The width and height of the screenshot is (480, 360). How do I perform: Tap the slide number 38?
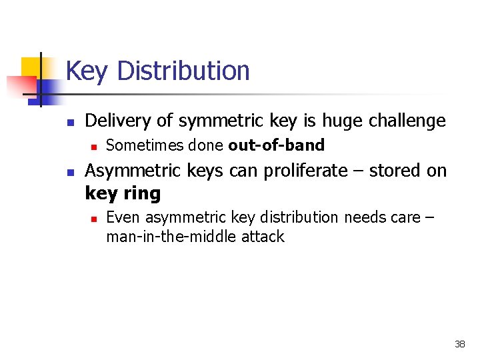coord(459,344)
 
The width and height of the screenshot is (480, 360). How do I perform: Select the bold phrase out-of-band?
coord(276,145)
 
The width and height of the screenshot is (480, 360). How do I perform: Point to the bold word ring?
coord(143,193)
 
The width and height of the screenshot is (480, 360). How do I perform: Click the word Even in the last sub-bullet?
coord(123,217)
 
